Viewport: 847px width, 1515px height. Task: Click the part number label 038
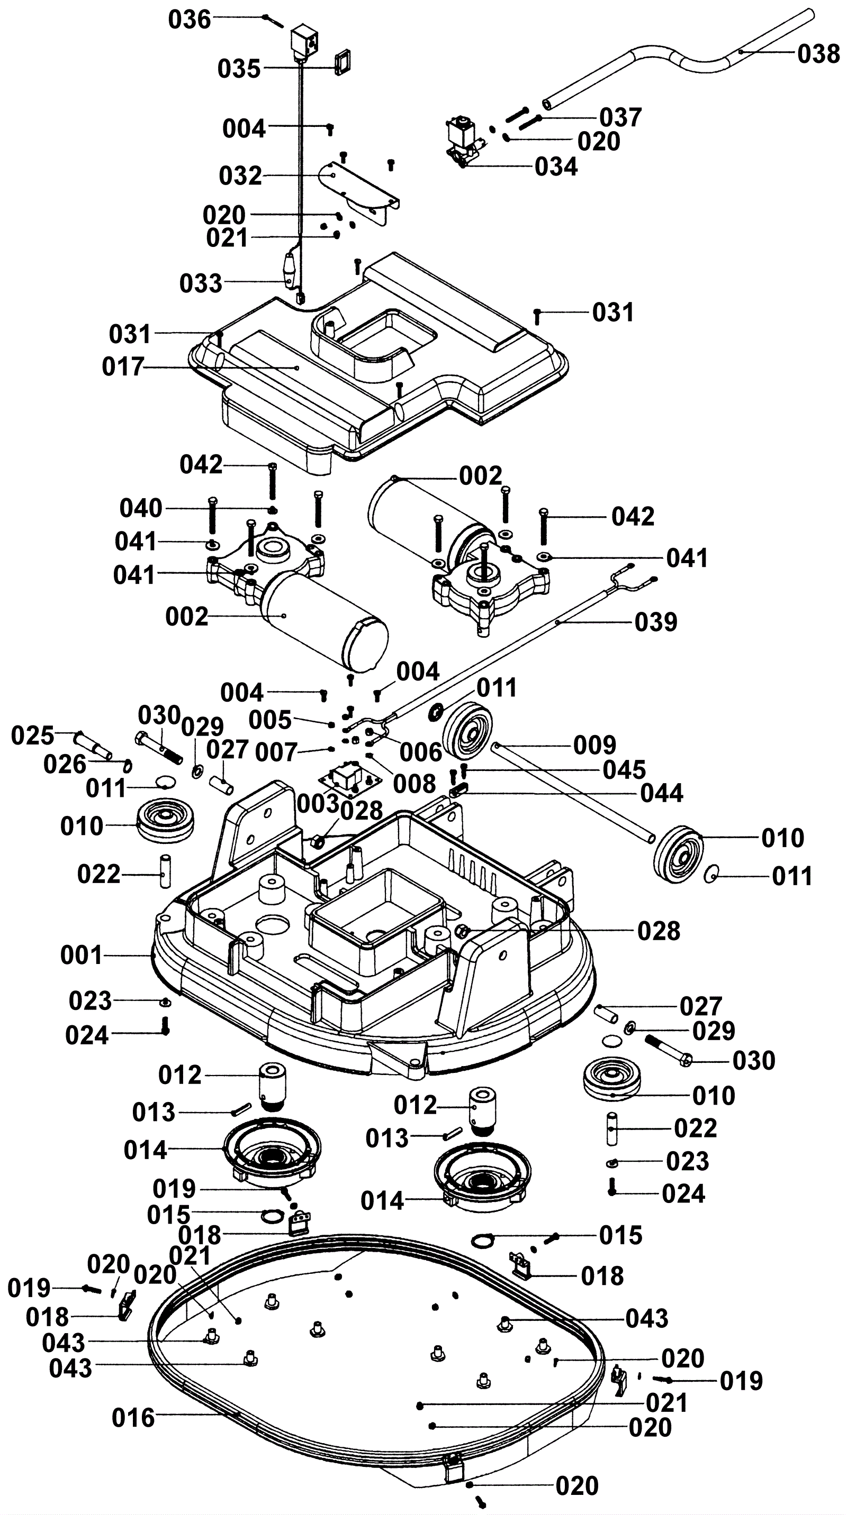pyautogui.click(x=818, y=54)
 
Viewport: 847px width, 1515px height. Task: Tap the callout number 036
pyautogui.click(x=189, y=20)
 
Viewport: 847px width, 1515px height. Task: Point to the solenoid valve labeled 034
pyautogui.click(x=464, y=137)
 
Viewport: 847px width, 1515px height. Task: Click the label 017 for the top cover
pyautogui.click(x=122, y=367)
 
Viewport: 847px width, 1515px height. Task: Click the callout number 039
pyautogui.click(x=656, y=622)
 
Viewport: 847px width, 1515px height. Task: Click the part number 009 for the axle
pyautogui.click(x=594, y=745)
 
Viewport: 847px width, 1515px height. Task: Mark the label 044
pyautogui.click(x=662, y=793)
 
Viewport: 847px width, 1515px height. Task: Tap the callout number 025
pyautogui.click(x=32, y=736)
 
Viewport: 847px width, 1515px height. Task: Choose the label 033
pyautogui.click(x=201, y=283)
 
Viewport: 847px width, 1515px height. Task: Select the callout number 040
pyautogui.click(x=141, y=508)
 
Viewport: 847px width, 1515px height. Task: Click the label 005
pyautogui.click(x=269, y=720)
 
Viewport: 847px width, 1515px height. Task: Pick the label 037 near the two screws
pyautogui.click(x=620, y=117)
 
